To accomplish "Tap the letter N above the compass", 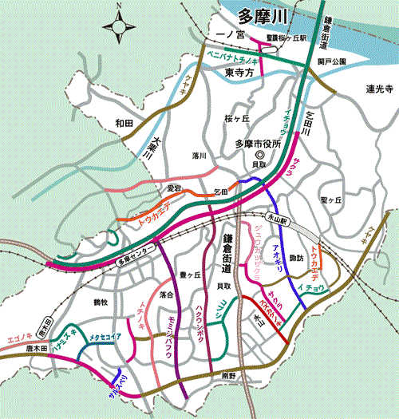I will pos(120,6).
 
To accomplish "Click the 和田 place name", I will pos(123,123).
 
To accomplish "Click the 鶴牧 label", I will pos(101,302).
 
